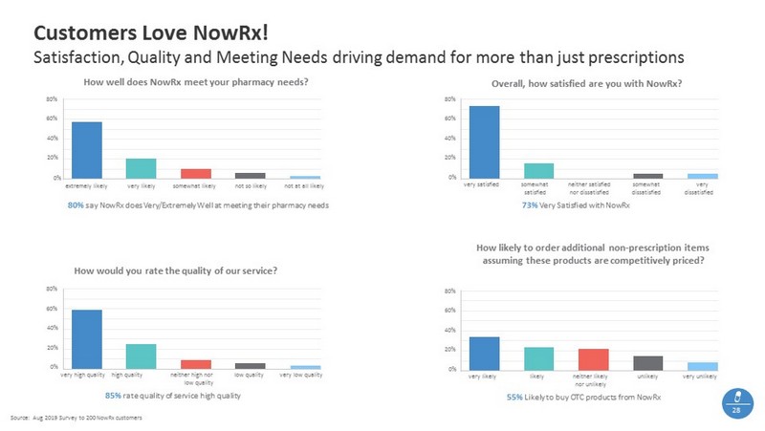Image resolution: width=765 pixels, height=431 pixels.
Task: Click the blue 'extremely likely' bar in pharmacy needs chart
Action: click(87, 150)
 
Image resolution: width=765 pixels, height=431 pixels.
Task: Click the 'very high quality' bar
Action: click(87, 338)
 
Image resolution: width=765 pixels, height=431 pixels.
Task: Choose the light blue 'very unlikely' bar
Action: click(702, 366)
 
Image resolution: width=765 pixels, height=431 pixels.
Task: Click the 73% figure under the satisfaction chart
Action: click(530, 205)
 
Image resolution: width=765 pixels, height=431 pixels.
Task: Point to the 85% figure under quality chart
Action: click(112, 395)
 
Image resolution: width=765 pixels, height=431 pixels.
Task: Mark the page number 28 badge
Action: click(736, 402)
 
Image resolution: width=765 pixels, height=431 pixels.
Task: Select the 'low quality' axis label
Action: click(251, 375)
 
